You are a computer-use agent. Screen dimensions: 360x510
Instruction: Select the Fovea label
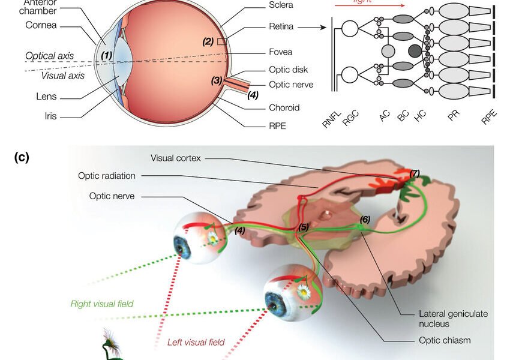(x=281, y=52)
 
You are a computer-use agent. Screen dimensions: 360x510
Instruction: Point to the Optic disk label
(x=289, y=70)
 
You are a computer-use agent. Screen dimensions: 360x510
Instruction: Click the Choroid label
(x=284, y=108)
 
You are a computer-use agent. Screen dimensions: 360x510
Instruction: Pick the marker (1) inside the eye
(x=107, y=55)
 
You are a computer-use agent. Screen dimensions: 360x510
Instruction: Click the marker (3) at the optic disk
(x=217, y=80)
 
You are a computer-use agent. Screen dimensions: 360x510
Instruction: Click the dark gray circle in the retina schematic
(x=415, y=52)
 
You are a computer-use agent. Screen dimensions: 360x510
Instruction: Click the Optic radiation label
(x=107, y=176)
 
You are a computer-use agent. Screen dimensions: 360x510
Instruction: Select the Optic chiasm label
(x=445, y=340)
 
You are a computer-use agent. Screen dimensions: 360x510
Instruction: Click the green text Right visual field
(x=101, y=304)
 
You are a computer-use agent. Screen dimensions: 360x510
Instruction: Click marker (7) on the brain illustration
(x=414, y=173)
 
